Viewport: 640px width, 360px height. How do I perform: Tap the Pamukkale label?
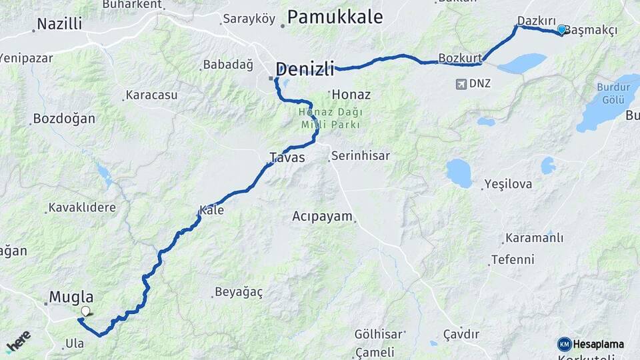coord(335,17)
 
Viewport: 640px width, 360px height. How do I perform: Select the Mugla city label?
coord(71,297)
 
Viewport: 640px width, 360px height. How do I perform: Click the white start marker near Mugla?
coord(85,311)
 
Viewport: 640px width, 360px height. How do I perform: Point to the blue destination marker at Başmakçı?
coord(561,29)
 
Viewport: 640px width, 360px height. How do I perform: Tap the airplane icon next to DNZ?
coord(461,83)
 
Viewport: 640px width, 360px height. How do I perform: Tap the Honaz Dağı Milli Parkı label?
coord(329,119)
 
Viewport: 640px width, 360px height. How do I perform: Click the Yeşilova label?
coord(508,183)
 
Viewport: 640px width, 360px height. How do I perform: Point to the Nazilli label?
coord(59,25)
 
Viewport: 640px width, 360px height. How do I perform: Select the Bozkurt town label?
coord(460,57)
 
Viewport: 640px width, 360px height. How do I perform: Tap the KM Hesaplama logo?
coord(590,344)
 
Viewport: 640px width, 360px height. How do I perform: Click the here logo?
coord(18,341)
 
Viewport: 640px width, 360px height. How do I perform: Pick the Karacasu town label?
coord(152,95)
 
